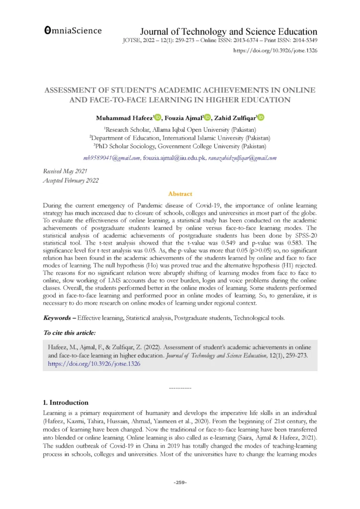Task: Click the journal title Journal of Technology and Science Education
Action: (x=229, y=31)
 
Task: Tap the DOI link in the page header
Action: (x=275, y=50)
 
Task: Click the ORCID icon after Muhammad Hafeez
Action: (x=158, y=118)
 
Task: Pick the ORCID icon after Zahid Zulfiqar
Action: (x=261, y=118)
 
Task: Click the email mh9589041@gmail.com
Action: (x=112, y=158)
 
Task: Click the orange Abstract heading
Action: (x=180, y=194)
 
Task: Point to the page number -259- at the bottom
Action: (x=180, y=483)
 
